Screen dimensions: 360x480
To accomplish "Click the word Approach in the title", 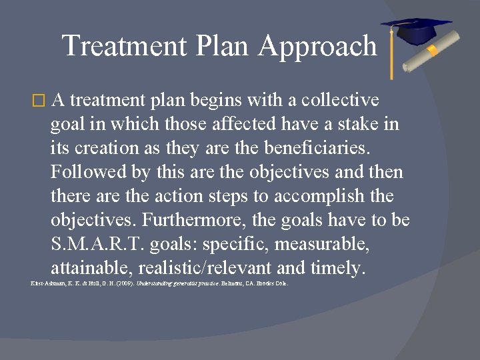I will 318,47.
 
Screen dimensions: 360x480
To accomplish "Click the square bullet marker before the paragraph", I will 38,101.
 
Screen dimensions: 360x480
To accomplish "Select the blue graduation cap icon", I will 415,31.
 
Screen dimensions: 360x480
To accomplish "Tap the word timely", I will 338,268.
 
